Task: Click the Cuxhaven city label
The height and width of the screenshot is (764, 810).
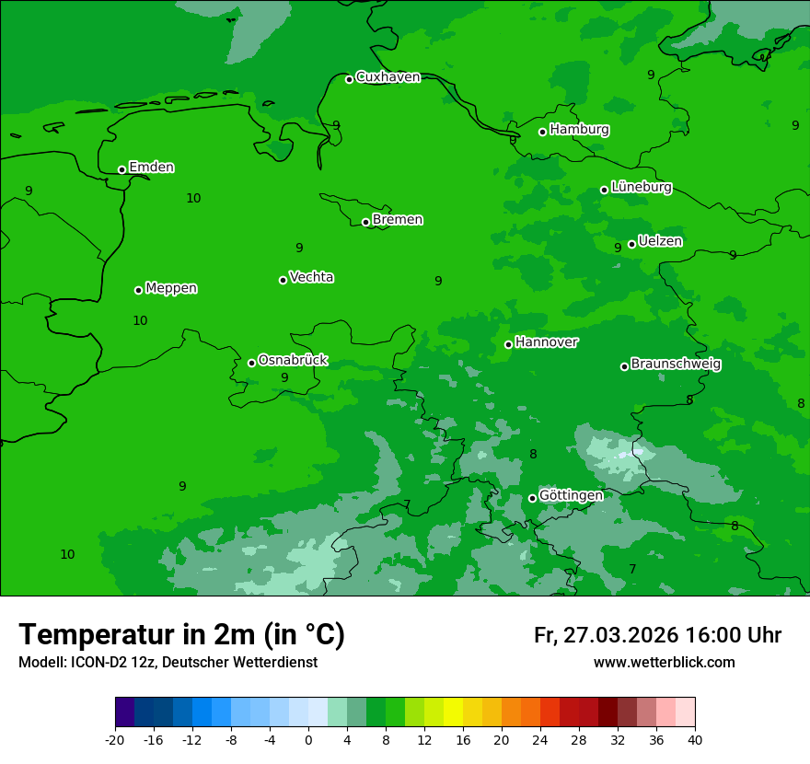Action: tap(388, 77)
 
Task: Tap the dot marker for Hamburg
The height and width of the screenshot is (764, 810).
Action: tap(543, 132)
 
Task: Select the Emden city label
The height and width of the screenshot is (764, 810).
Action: tap(151, 168)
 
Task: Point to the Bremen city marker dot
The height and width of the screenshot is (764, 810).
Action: tap(366, 222)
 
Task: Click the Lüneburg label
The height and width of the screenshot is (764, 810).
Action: tap(642, 187)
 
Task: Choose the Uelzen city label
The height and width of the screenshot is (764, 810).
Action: tap(660, 241)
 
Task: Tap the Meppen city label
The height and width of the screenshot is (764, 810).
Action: tap(171, 288)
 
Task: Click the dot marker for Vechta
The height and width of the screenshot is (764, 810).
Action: tap(283, 280)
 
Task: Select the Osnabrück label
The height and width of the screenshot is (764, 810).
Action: tap(293, 360)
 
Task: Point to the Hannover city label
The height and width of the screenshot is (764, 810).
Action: tap(547, 342)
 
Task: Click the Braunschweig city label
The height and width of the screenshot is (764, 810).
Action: tap(676, 365)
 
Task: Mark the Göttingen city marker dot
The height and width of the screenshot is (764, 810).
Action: tap(533, 498)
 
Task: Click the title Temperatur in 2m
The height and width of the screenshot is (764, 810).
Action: tap(181, 635)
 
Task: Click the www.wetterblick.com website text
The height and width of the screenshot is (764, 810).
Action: tap(664, 663)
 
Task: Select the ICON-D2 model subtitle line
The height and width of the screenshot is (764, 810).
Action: tap(168, 663)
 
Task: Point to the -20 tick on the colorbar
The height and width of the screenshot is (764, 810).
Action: tap(115, 739)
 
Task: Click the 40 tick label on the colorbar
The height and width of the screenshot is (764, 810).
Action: tap(694, 739)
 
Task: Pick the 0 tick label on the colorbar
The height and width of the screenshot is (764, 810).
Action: tap(308, 739)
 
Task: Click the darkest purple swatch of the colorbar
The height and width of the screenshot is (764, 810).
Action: tap(125, 712)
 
